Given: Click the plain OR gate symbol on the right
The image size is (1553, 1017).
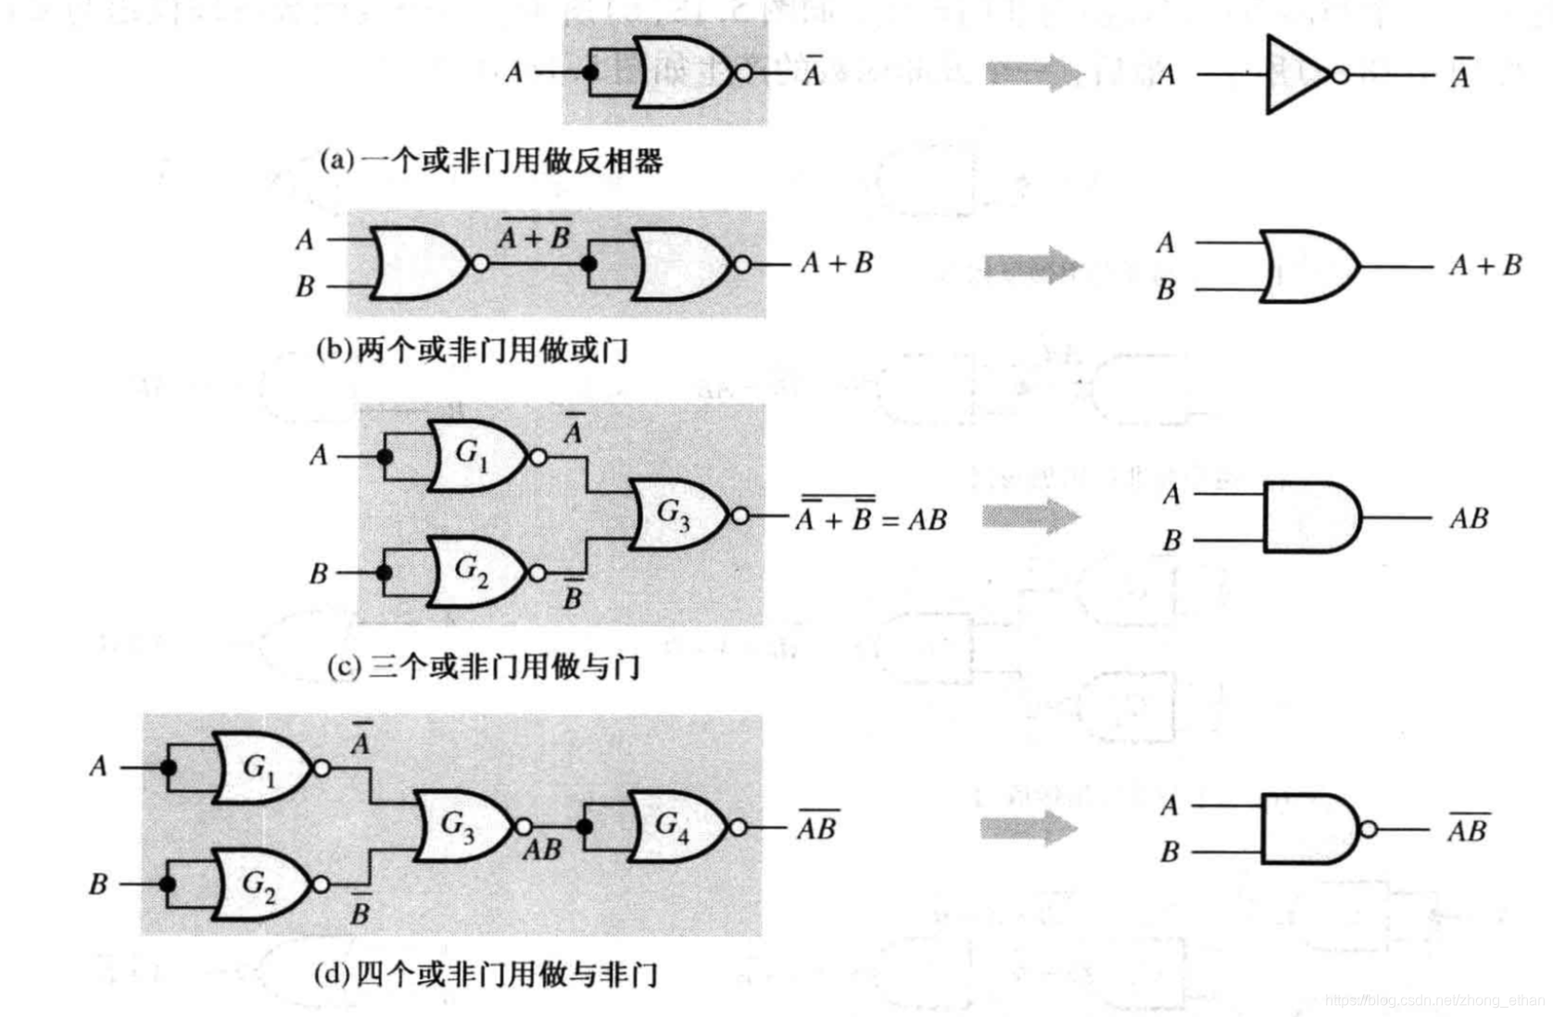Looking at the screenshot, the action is [x=1307, y=267].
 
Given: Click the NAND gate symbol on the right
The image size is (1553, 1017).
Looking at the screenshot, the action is [x=1308, y=828].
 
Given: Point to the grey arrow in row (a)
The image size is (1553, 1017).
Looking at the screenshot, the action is [x=1032, y=73].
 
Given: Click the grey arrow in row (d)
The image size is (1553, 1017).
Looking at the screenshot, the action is [x=1029, y=827].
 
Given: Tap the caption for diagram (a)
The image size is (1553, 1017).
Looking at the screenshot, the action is [x=491, y=161].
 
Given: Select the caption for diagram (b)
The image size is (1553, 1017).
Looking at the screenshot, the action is [x=472, y=350].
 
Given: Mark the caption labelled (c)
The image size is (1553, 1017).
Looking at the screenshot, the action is [x=483, y=666].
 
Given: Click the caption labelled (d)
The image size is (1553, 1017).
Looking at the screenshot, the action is [x=486, y=974].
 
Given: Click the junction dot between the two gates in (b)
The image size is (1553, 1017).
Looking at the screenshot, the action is [x=588, y=264].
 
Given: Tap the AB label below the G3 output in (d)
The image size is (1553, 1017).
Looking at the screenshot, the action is [x=542, y=849].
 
